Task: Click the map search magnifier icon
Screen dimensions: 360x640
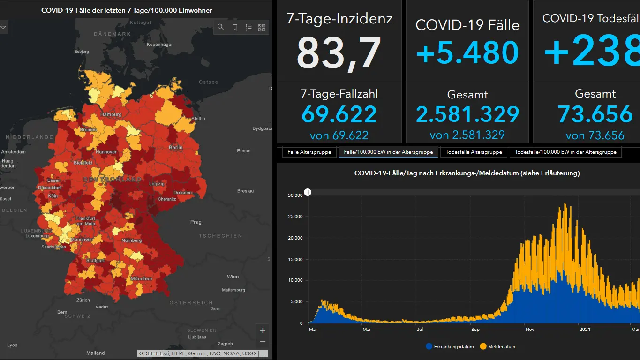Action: click(x=221, y=28)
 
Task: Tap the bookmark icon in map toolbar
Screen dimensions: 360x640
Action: click(x=235, y=28)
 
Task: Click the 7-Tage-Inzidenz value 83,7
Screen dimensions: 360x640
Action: click(x=339, y=52)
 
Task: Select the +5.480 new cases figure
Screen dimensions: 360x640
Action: click(x=467, y=52)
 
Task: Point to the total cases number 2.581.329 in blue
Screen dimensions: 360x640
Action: click(x=467, y=114)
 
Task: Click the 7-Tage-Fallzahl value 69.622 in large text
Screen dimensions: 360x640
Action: click(x=339, y=114)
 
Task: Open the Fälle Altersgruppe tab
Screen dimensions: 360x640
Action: click(x=309, y=152)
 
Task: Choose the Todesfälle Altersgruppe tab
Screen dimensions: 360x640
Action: click(x=474, y=152)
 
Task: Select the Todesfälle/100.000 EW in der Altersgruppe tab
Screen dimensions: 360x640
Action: click(x=565, y=152)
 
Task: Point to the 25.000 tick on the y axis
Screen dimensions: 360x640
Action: click(x=295, y=217)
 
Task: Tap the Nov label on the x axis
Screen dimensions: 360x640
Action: click(x=530, y=329)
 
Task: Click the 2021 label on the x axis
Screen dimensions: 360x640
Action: click(x=585, y=329)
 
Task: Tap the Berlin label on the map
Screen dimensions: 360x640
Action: click(x=176, y=148)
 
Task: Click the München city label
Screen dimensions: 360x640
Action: click(x=142, y=278)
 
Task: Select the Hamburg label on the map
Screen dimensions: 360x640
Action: click(x=111, y=114)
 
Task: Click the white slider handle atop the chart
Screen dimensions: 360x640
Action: click(x=308, y=192)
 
